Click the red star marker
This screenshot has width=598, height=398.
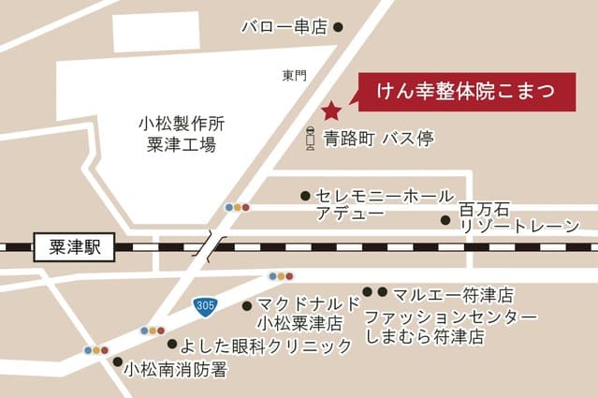click(x=331, y=111)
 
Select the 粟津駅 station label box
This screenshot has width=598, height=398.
click(x=72, y=249)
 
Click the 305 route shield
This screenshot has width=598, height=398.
click(x=206, y=305)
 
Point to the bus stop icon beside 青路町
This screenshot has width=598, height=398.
click(x=310, y=140)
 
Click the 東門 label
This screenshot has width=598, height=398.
click(x=294, y=76)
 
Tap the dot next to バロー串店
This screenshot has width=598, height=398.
click(x=339, y=28)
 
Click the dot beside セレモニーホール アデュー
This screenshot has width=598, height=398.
click(x=305, y=196)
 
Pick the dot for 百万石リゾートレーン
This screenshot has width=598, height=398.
click(x=446, y=221)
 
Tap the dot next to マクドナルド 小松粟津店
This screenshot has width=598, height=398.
click(x=246, y=305)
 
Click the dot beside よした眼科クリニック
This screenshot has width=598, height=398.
click(x=170, y=344)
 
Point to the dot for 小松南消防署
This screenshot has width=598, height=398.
click(x=117, y=361)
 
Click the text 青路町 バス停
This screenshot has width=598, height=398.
click(x=379, y=140)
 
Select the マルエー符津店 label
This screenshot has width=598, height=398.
click(x=453, y=294)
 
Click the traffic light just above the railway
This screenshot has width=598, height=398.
click(x=237, y=207)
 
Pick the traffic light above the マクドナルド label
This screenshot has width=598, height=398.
click(x=281, y=276)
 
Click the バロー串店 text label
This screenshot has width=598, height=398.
click(x=283, y=28)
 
